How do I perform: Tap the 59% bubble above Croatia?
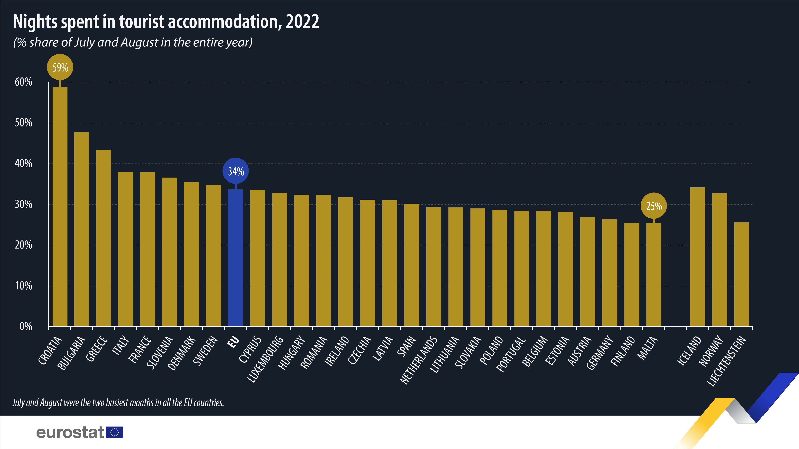60,67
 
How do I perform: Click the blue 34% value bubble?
236,171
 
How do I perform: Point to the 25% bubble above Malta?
654,206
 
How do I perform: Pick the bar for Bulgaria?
81,229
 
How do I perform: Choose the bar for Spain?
412,265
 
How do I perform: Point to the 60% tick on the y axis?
24,82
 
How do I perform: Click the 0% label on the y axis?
26,326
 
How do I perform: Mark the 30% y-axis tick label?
24,204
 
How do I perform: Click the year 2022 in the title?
302,22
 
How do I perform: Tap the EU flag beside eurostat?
114,432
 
